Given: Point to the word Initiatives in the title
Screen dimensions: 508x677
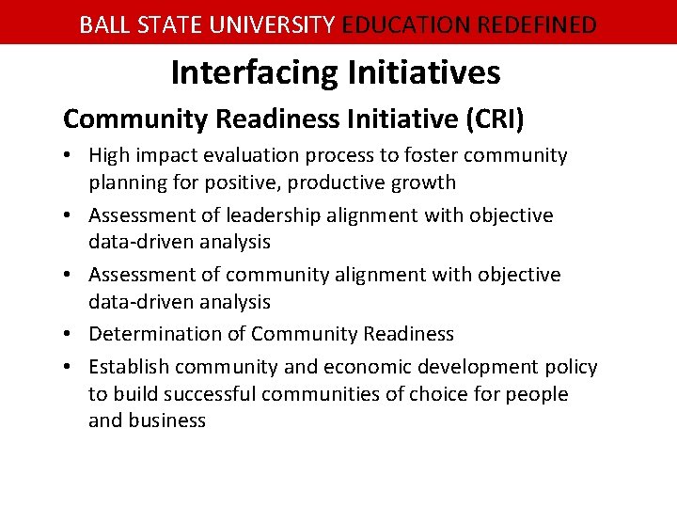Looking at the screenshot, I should click(x=427, y=72).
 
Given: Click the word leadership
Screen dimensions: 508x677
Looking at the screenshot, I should click(x=266, y=215).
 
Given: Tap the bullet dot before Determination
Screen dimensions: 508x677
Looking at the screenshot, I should click(x=71, y=335).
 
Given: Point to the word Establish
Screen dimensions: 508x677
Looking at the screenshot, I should click(x=128, y=367).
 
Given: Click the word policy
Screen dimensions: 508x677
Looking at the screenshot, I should click(x=572, y=367).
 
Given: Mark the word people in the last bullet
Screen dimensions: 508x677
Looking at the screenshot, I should click(x=537, y=394).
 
